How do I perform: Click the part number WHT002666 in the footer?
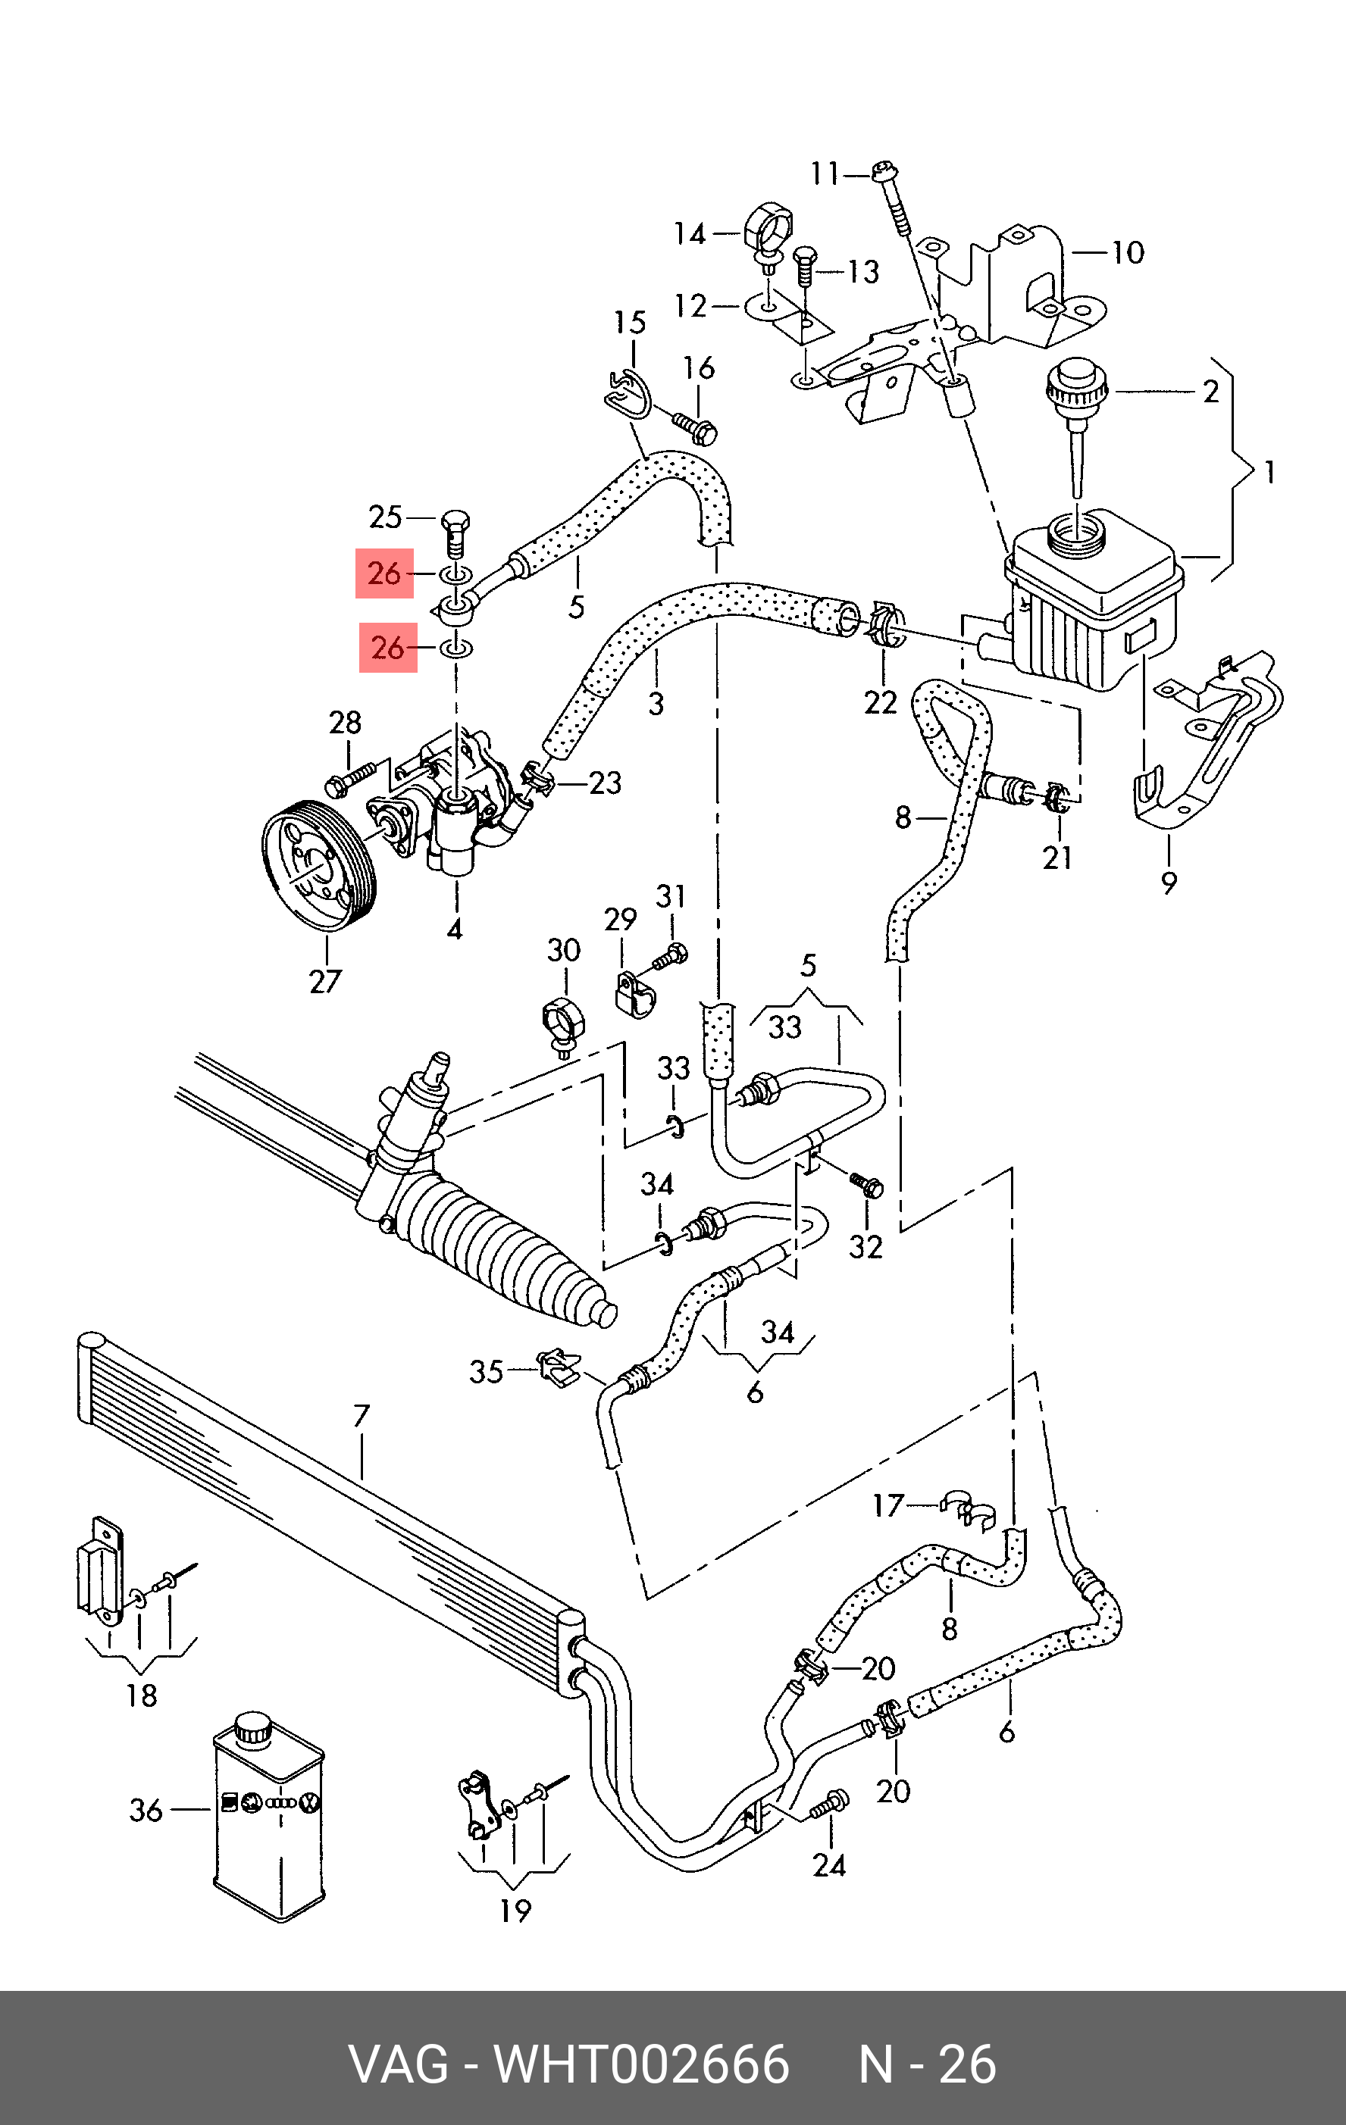click(642, 2064)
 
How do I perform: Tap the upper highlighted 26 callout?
click(385, 573)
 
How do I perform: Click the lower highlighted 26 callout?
click(388, 648)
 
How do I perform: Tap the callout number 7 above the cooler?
click(361, 1417)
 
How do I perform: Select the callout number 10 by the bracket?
click(1128, 253)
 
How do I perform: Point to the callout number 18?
click(141, 1695)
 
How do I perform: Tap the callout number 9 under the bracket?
click(1169, 882)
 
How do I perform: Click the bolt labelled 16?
click(696, 428)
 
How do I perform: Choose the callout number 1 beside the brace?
click(1269, 473)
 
